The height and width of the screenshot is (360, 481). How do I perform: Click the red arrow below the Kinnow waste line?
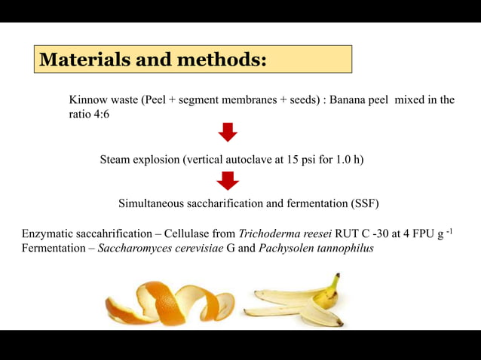(x=228, y=133)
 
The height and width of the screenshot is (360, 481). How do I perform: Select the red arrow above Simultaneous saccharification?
(x=228, y=181)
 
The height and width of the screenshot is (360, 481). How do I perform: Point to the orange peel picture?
(x=170, y=303)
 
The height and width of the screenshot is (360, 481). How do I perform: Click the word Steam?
(x=115, y=160)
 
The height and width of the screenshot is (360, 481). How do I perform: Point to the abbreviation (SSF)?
(x=364, y=203)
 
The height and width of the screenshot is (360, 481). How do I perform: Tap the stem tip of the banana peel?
(x=336, y=277)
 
